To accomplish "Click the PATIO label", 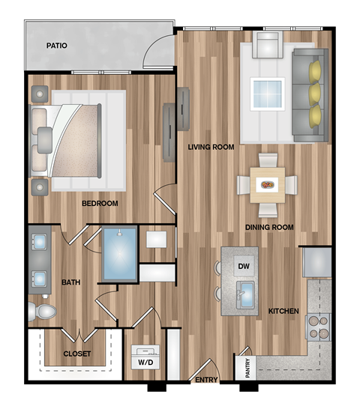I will pos(56,46).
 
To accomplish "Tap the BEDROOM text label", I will pos(100,203).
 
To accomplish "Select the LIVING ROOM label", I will pos(211,147).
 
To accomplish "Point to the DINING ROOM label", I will pos(268,227).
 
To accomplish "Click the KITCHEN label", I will pos(283,311).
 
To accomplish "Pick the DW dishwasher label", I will pos(243,266).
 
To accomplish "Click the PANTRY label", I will pos(248,366).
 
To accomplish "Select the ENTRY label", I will pos(205,381).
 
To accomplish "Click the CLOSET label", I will pos(77,353).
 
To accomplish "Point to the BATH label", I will pos(70,282).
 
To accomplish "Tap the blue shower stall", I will pos(119,255).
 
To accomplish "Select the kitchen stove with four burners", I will pos(318,327).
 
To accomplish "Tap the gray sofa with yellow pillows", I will pos(310,94).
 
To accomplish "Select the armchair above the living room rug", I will pos(267,46).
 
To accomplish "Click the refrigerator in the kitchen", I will pos(316,262).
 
